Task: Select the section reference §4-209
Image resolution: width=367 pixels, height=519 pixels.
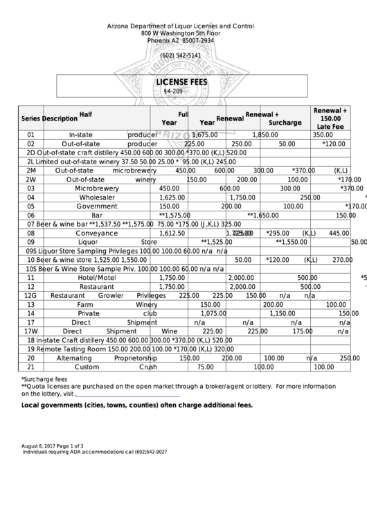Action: [172, 91]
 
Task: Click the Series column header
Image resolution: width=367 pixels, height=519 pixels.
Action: [31, 118]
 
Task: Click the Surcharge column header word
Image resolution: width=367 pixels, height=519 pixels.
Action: [285, 123]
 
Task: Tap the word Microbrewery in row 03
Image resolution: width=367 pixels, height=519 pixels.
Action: [97, 188]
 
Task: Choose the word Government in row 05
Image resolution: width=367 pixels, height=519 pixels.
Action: [97, 206]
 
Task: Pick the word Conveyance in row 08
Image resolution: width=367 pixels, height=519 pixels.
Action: [97, 234]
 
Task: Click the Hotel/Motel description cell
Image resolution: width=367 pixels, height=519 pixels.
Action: [97, 277]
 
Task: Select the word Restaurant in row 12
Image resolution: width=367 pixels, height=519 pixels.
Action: [97, 286]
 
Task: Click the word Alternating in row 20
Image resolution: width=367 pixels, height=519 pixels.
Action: [73, 358]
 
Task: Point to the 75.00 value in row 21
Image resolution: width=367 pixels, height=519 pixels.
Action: [206, 367]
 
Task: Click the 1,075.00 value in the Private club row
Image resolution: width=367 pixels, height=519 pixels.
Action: [214, 313]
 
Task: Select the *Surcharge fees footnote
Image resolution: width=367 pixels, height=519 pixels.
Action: [44, 379]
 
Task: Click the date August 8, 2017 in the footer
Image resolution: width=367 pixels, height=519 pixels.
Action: [41, 445]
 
